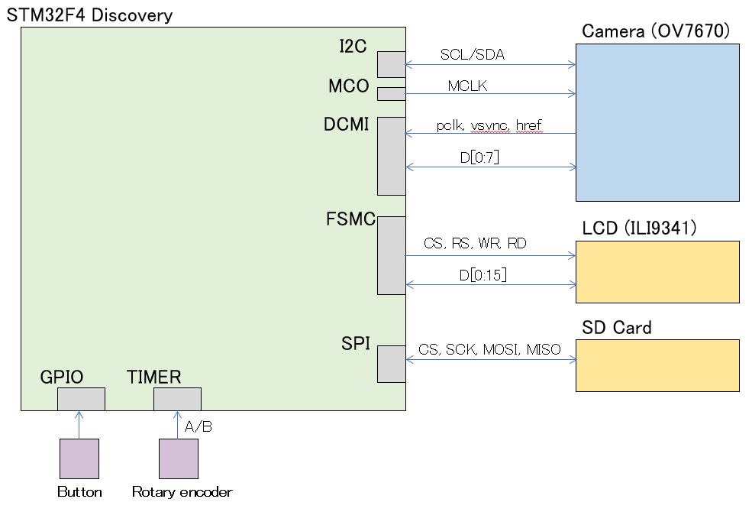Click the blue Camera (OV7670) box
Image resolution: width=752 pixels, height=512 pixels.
[x=657, y=122]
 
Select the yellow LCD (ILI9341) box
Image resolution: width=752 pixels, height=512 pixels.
[x=657, y=272]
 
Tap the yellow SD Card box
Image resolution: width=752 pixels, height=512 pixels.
[x=657, y=365]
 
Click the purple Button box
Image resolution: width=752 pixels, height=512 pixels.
[x=79, y=459]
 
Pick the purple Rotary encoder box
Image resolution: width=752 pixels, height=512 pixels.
[x=178, y=459]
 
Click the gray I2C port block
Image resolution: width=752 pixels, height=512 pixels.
[x=391, y=64]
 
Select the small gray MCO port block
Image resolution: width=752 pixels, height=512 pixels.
[x=391, y=94]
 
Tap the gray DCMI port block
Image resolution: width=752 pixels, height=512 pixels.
[x=391, y=156]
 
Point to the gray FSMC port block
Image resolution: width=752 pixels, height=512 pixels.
[x=391, y=255]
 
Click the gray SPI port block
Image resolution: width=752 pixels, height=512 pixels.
[x=391, y=364]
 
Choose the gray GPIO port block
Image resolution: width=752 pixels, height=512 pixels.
[x=81, y=399]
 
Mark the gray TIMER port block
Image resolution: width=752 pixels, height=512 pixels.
[x=177, y=399]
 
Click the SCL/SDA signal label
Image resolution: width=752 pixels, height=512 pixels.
[x=473, y=55]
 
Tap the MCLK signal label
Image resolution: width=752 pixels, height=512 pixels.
[x=467, y=86]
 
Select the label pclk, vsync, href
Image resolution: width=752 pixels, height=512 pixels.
[x=489, y=125]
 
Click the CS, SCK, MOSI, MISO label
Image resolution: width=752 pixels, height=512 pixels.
[x=489, y=350]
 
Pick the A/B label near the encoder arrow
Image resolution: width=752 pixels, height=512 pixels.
[x=198, y=426]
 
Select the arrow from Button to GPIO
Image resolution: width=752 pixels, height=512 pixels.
[x=79, y=425]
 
